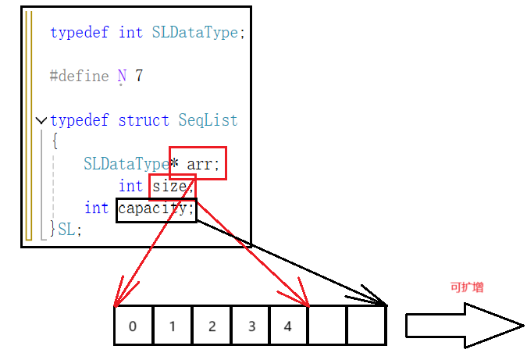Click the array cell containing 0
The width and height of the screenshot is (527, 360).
133,326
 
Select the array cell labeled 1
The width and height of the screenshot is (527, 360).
173,326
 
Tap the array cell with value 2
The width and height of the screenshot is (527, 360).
212,326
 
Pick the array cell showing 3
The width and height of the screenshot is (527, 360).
251,326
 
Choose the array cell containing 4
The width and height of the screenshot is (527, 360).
289,326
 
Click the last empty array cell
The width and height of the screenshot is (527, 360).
367,326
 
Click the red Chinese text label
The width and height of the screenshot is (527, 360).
467,287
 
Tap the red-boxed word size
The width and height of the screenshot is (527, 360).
169,186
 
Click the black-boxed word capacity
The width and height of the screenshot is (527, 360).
155,209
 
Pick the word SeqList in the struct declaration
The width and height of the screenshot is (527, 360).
208,120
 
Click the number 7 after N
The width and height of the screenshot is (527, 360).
139,76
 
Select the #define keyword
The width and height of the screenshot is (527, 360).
80,76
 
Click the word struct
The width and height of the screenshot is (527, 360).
144,120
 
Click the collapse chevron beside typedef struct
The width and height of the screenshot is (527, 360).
41,121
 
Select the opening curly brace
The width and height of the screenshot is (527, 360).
54,141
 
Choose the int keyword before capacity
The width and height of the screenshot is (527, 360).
97,208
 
